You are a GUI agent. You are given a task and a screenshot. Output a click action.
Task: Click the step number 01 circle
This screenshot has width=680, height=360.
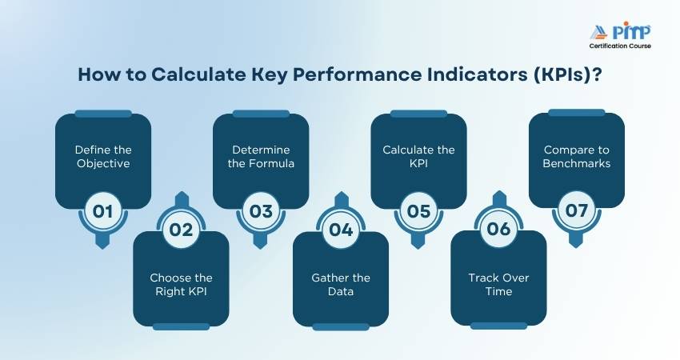point(102,211)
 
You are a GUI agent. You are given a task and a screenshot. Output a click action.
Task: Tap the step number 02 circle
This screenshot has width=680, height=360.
point(181,230)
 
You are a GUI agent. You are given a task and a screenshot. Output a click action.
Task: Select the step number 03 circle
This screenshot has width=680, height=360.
point(261,211)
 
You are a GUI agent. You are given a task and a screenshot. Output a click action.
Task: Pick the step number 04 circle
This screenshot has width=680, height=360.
point(341,230)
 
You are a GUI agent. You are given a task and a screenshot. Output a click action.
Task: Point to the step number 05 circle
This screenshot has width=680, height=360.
point(418,211)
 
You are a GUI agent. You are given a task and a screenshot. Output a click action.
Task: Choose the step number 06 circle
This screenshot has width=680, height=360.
point(498,230)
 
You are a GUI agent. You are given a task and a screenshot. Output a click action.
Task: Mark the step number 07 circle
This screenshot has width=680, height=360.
point(576,210)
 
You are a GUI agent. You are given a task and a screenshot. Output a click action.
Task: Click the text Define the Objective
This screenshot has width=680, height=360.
point(103,157)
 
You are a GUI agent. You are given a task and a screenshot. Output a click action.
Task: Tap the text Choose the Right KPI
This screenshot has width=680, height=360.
point(181,285)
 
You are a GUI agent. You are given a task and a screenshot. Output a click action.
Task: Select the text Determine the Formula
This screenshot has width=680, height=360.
point(261,157)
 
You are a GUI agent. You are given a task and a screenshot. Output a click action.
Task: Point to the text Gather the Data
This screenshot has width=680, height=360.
point(341,285)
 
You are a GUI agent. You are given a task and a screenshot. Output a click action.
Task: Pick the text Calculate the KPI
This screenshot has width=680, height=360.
point(418,157)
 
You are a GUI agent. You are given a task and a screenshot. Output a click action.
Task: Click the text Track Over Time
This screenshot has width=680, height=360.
point(498,285)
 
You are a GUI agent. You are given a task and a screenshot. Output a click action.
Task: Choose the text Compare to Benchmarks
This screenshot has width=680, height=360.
point(576,157)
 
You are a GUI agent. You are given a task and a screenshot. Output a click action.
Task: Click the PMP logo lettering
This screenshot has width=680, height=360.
point(631,31)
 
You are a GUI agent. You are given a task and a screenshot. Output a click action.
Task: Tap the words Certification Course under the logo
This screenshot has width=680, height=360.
point(620,46)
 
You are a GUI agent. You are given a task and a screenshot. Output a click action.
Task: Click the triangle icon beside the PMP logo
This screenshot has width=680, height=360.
point(600,33)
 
